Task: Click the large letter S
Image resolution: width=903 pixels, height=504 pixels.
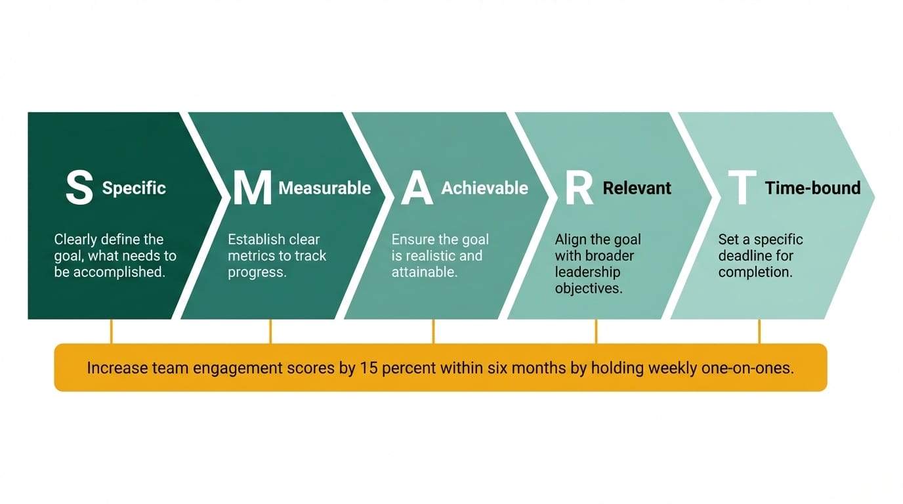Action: coord(79,188)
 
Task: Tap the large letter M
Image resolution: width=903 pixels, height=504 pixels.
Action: coord(253,188)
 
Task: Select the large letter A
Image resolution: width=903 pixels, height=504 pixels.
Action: coord(417,188)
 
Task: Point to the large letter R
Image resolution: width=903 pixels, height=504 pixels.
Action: coord(579,188)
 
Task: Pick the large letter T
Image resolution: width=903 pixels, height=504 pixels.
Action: coord(742,188)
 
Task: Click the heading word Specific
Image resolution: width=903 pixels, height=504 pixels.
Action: coord(134,188)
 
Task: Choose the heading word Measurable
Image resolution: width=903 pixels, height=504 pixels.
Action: coord(324,188)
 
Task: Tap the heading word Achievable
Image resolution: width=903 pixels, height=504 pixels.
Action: coord(484,188)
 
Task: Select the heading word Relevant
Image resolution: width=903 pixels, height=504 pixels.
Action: coord(637,188)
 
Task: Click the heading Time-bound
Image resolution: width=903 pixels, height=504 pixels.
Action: coord(812,188)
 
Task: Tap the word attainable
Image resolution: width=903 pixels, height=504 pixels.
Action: coord(424,272)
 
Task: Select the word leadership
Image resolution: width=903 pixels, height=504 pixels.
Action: coord(587,272)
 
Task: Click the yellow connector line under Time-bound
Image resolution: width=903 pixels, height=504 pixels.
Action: coord(759,331)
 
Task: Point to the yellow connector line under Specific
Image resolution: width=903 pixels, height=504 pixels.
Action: coord(112,331)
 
